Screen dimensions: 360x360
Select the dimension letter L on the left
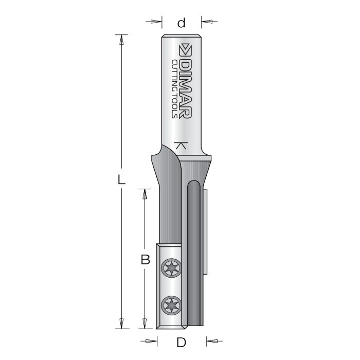[x=120, y=180]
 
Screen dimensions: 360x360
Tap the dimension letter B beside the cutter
[x=146, y=260]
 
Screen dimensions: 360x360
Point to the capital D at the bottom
[x=181, y=342]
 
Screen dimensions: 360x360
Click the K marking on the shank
[x=179, y=145]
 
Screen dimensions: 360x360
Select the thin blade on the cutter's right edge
[x=206, y=231]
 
